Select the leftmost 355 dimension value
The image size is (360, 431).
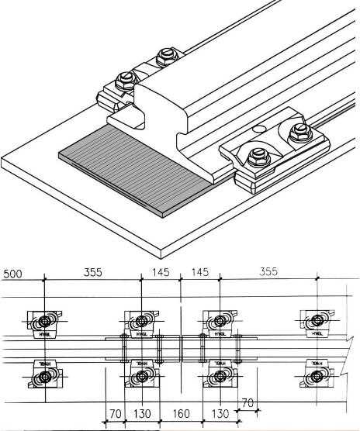pyautogui.click(x=92, y=272)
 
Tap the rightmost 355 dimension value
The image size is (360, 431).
pyautogui.click(x=268, y=272)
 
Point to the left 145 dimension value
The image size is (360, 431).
pyautogui.click(x=161, y=272)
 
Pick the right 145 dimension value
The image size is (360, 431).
pyautogui.click(x=199, y=272)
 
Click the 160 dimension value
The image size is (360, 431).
pyautogui.click(x=181, y=415)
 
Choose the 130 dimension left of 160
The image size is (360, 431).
pyautogui.click(x=142, y=415)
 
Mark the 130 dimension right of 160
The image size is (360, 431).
pyautogui.click(x=220, y=415)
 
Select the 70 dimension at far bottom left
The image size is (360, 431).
pyautogui.click(x=114, y=415)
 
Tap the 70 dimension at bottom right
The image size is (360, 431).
pyautogui.click(x=248, y=402)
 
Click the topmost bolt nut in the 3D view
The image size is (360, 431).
pyautogui.click(x=164, y=57)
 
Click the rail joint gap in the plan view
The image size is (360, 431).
pyautogui.click(x=181, y=347)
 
